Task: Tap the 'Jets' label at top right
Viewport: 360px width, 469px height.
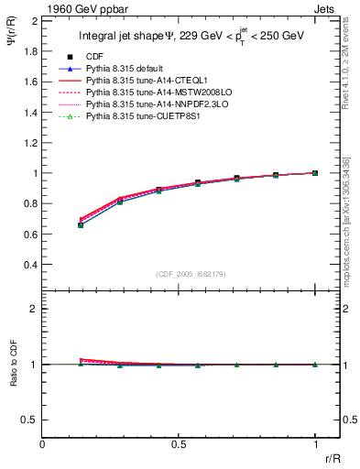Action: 324,7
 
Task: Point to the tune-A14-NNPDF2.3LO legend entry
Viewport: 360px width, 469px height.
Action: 151,105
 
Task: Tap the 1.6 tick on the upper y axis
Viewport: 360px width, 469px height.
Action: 30,82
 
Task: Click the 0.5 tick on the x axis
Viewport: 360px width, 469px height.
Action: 179,444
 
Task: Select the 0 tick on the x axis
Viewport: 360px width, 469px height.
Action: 42,444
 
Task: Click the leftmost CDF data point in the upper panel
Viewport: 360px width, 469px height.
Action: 81,224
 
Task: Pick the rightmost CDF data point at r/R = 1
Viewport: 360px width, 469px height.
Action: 315,172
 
